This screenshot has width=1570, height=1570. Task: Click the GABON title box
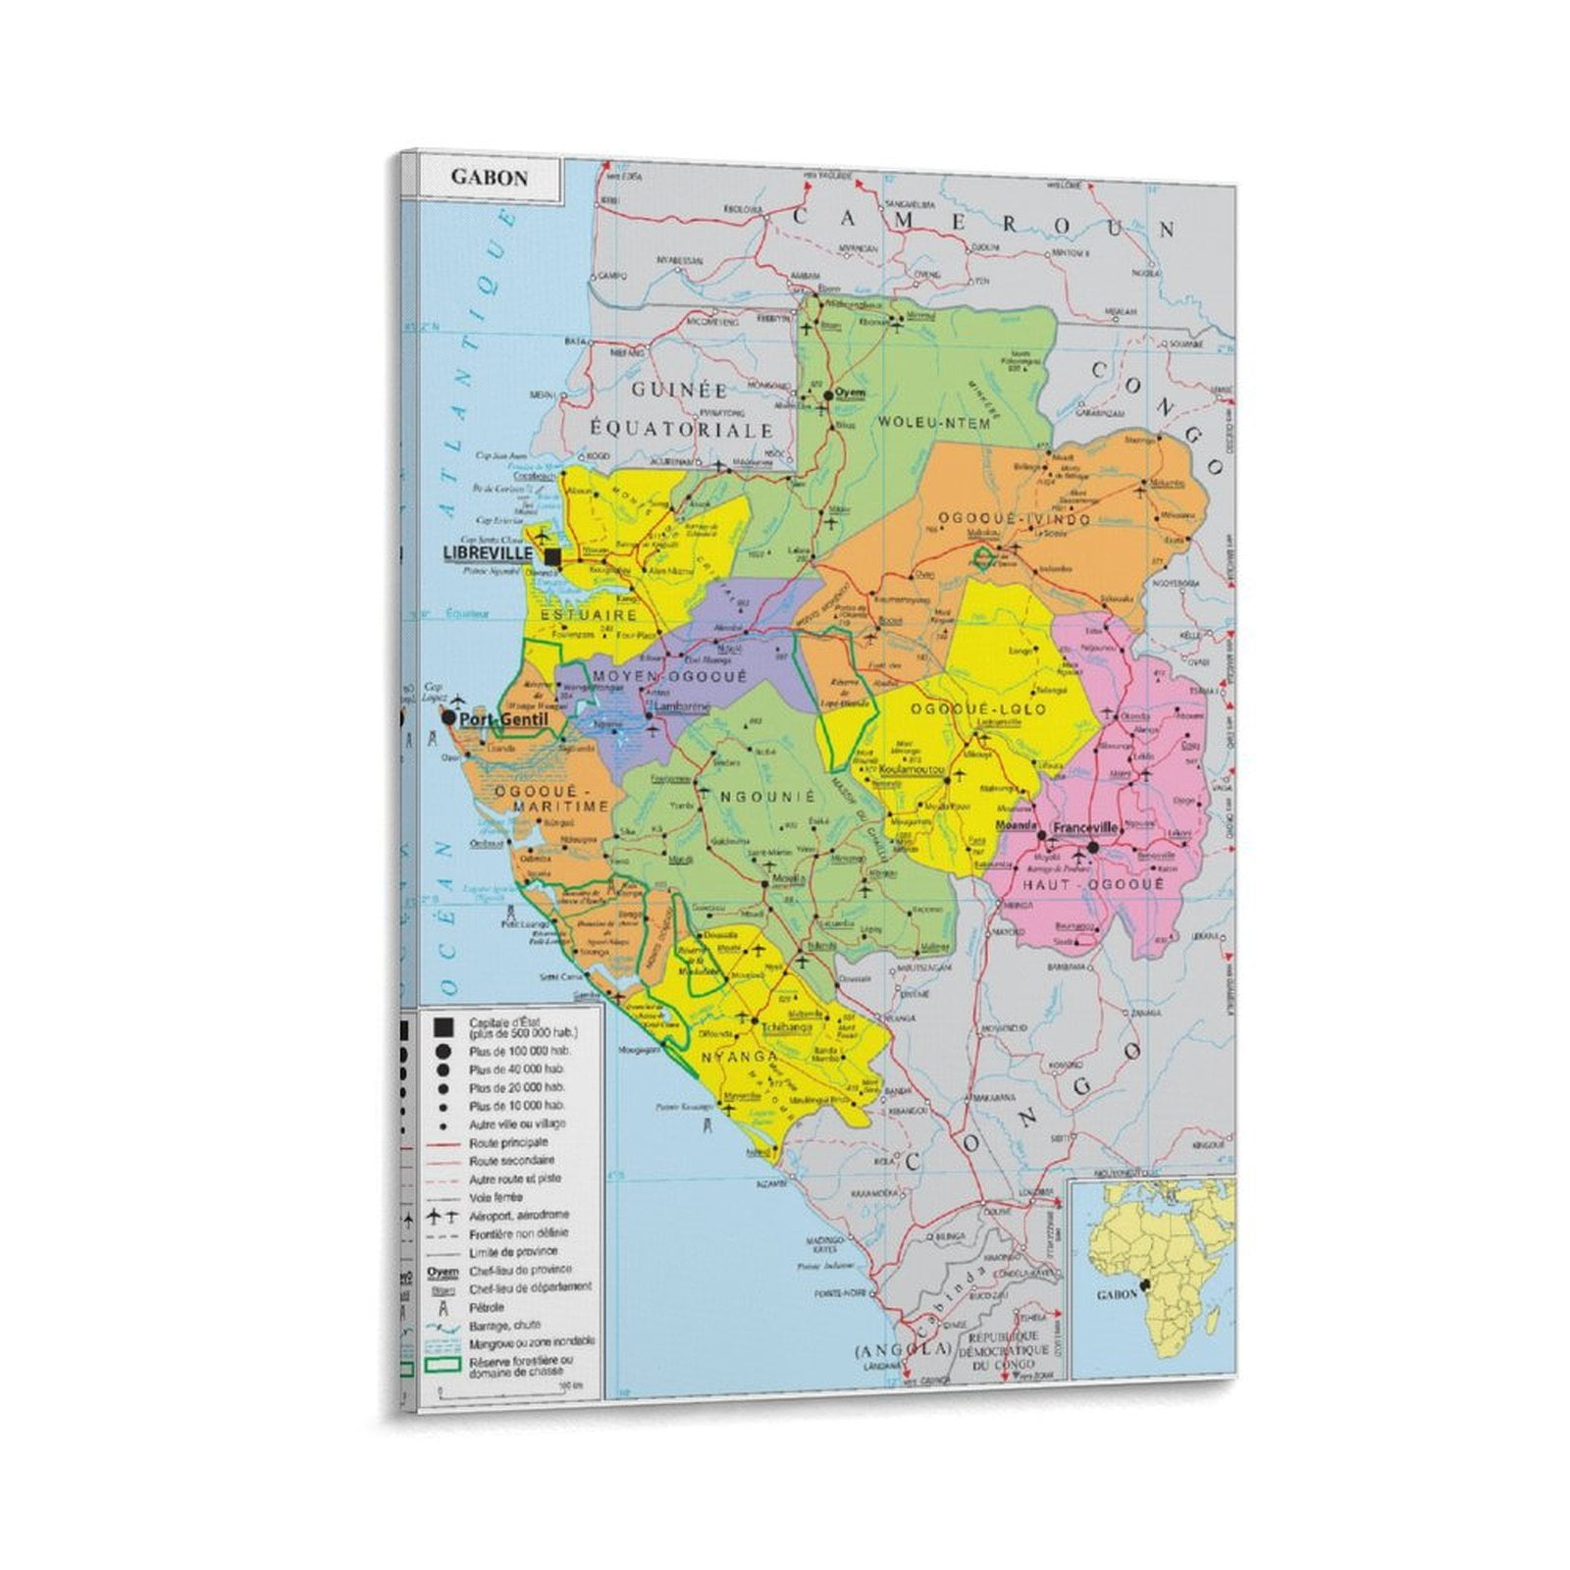(x=489, y=179)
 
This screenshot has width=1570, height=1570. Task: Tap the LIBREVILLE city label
(x=488, y=553)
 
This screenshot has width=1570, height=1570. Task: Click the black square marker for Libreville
(x=552, y=557)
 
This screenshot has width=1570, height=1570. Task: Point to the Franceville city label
(x=1084, y=828)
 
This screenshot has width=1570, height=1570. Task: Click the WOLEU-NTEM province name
(x=933, y=423)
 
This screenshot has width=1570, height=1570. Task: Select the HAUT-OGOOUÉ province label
(x=1092, y=884)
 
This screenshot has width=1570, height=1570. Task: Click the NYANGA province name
(x=738, y=1057)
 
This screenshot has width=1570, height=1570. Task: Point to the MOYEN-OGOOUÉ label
(x=669, y=677)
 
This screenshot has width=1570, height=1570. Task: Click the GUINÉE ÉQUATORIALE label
(x=681, y=410)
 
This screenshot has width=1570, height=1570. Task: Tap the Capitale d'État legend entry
(x=522, y=1027)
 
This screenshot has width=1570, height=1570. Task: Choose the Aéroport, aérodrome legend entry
(x=518, y=1215)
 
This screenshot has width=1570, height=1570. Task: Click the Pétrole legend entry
(x=487, y=1307)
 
